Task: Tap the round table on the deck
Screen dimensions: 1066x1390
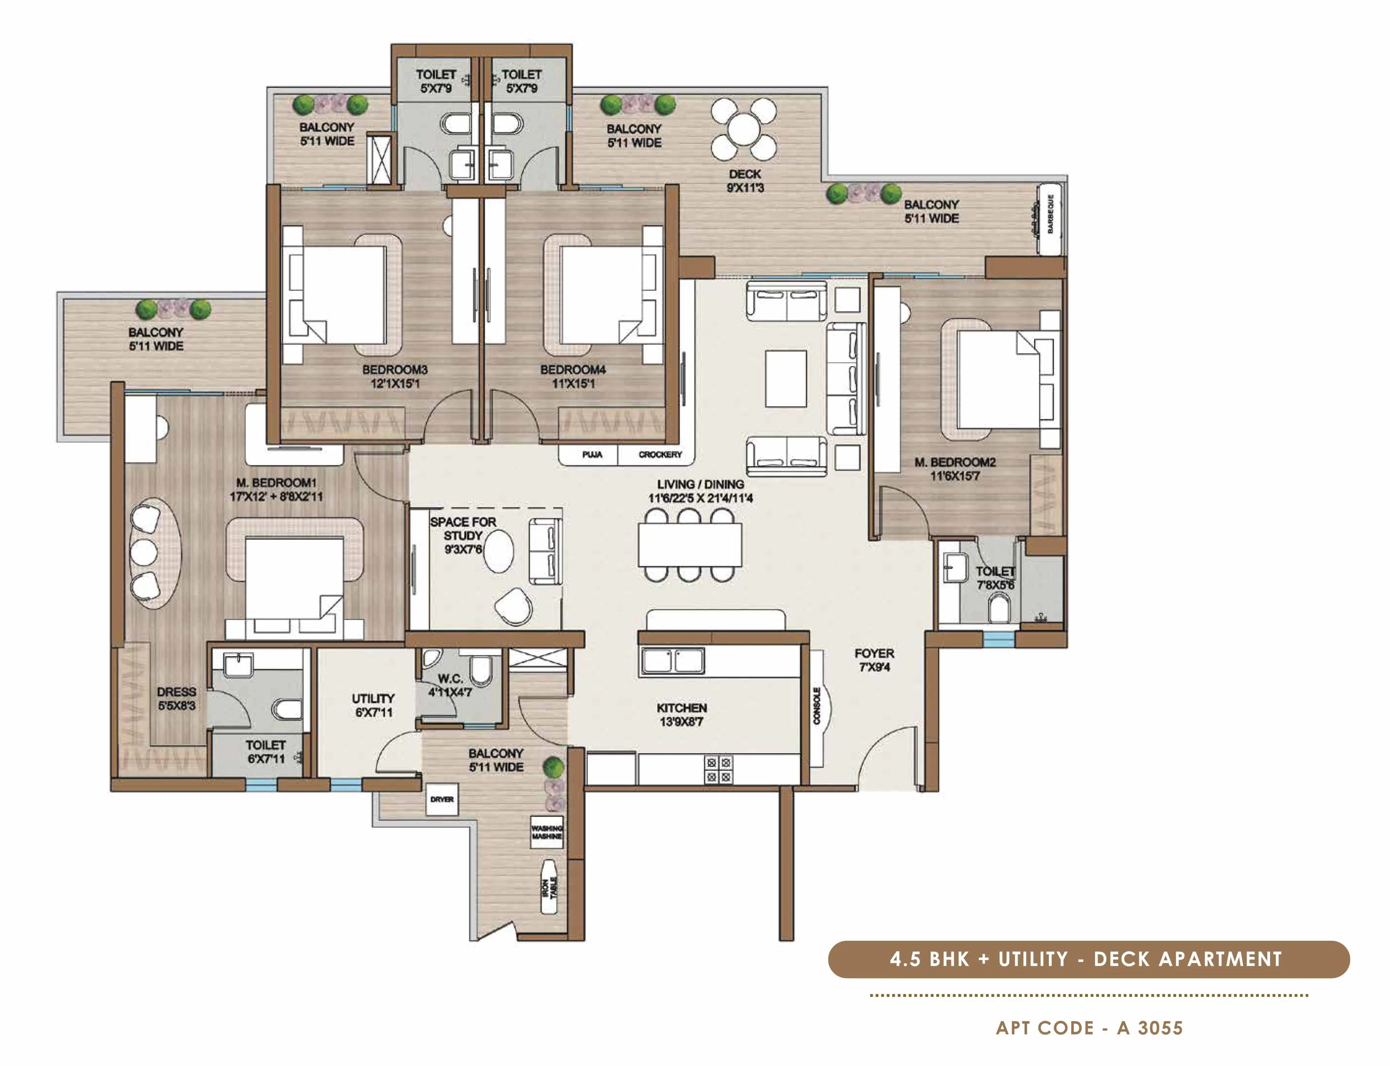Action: pos(744,131)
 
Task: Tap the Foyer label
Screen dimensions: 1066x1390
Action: pos(874,654)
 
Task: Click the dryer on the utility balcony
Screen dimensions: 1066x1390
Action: pos(442,799)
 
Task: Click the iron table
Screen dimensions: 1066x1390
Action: pos(549,887)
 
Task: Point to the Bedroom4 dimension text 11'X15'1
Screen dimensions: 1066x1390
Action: pos(573,383)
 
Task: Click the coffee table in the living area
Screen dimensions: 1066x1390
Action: pos(786,378)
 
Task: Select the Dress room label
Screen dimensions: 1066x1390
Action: pos(176,692)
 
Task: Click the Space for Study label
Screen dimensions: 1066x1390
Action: pos(463,529)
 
